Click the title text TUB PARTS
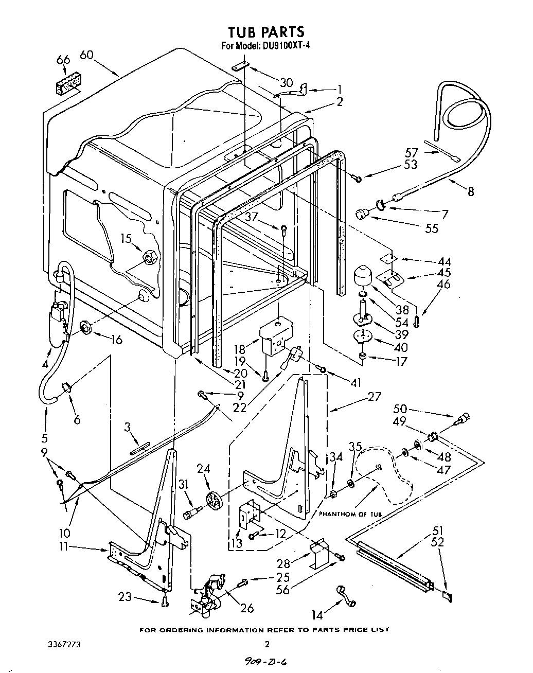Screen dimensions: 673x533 pyautogui.click(x=266, y=32)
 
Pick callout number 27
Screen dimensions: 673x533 pyautogui.click(x=375, y=396)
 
